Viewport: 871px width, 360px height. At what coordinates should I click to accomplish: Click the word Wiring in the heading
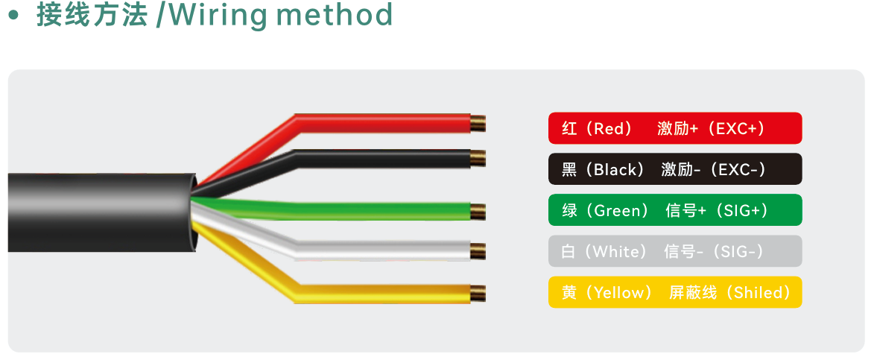click(216, 16)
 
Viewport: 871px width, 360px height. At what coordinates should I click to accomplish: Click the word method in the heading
click(335, 15)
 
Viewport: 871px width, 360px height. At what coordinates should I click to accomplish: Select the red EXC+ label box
click(675, 128)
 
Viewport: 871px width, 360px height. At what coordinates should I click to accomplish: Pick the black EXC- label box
click(675, 169)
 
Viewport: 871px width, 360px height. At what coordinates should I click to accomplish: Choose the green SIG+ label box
click(675, 210)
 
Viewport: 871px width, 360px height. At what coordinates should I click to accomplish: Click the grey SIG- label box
click(675, 251)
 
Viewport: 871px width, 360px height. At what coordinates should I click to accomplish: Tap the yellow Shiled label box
click(675, 292)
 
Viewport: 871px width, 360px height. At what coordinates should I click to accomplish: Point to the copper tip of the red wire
click(478, 123)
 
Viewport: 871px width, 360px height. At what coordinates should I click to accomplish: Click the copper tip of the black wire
click(478, 158)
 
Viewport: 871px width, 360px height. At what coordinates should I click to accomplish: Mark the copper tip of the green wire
click(478, 212)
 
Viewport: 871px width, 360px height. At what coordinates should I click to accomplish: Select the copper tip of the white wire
click(478, 251)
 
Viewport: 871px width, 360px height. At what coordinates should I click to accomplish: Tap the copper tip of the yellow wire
click(478, 294)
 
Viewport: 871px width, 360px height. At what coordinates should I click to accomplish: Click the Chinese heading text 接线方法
click(92, 15)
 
